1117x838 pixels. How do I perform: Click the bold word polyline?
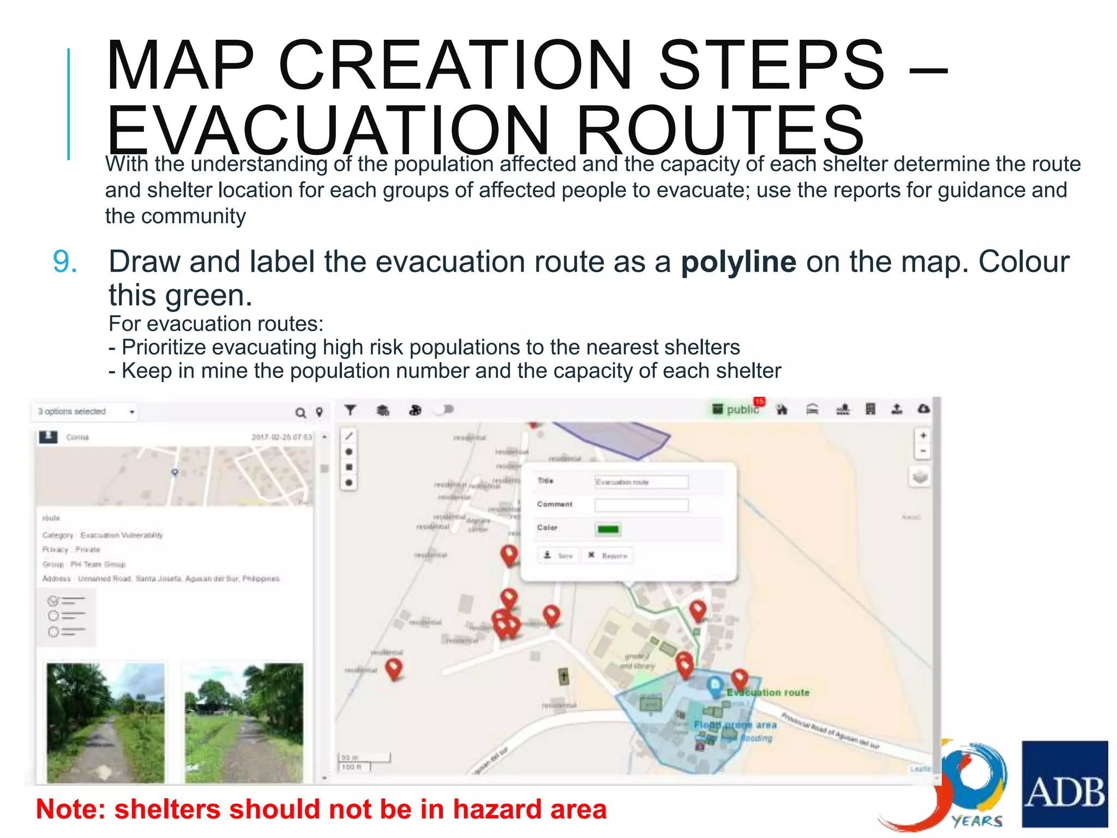[x=738, y=262]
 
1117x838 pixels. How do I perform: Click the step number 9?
[x=65, y=262]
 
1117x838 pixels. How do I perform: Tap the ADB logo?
[x=1064, y=783]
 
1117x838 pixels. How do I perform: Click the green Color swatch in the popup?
[x=608, y=529]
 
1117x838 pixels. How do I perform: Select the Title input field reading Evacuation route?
[x=641, y=482]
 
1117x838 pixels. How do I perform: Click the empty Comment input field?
[x=641, y=505]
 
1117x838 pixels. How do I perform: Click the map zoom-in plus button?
[x=923, y=436]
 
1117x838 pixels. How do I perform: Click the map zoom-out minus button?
[x=923, y=452]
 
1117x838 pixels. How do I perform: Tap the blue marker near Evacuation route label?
[x=715, y=685]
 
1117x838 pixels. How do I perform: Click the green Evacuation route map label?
[x=768, y=692]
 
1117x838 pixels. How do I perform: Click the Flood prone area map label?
[x=735, y=725]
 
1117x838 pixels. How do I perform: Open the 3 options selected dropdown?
[x=85, y=411]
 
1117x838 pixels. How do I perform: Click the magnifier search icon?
[x=301, y=413]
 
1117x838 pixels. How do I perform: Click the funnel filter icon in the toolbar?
[x=350, y=410]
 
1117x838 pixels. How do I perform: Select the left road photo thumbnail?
[x=105, y=722]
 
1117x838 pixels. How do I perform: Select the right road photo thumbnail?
[x=244, y=722]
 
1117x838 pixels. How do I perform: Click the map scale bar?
[x=364, y=762]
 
